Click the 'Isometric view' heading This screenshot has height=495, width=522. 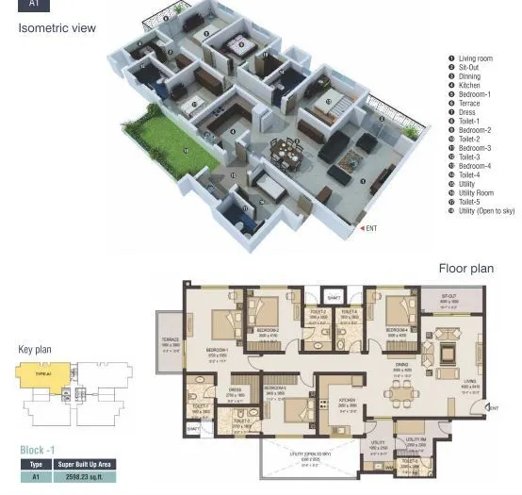click(x=57, y=28)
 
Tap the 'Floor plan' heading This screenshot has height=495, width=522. click(x=465, y=269)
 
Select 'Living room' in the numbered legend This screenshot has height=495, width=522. click(x=475, y=59)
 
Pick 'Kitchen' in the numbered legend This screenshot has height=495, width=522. click(x=469, y=86)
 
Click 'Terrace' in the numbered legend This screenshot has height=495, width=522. click(x=469, y=104)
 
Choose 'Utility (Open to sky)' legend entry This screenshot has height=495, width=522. click(x=486, y=211)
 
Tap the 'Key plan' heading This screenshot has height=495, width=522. click(x=35, y=350)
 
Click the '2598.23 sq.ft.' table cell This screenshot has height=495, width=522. click(x=84, y=478)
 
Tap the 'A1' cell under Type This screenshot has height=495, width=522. click(x=36, y=478)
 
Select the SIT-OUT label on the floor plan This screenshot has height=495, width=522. click(x=449, y=295)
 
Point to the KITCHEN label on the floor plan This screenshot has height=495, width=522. click(x=347, y=401)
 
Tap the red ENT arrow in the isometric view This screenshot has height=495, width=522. click(x=363, y=228)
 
